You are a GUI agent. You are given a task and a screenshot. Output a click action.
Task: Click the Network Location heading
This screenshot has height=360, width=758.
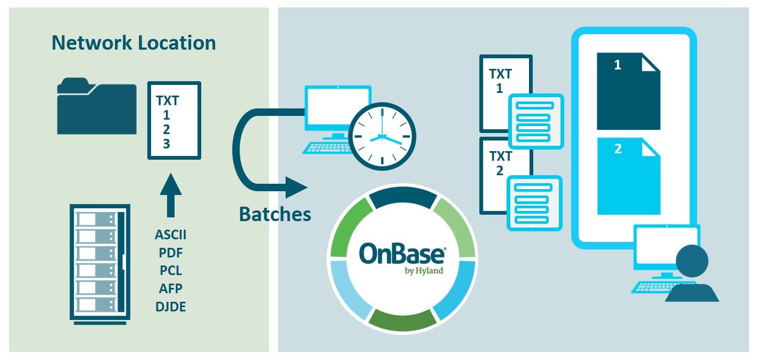tap(133, 43)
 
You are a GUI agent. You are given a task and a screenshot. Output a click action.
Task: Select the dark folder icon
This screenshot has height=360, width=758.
tap(97, 106)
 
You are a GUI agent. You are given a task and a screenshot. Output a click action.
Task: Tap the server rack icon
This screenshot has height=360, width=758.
tap(100, 264)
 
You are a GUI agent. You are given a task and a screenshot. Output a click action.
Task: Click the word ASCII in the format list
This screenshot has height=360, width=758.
tap(171, 234)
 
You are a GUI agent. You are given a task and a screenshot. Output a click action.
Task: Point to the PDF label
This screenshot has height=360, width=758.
tap(171, 253)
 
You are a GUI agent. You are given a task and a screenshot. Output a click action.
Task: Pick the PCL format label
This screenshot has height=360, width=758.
tap(171, 271)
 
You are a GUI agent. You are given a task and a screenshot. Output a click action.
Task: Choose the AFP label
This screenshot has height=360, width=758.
tap(171, 288)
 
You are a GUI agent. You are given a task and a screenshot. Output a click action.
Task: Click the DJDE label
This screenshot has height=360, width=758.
tap(171, 307)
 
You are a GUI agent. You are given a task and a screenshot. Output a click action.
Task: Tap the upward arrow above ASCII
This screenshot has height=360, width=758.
tap(171, 195)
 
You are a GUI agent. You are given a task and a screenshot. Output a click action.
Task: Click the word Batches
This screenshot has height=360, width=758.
tap(275, 214)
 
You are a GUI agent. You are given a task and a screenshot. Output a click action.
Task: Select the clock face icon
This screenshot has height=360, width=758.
tap(382, 137)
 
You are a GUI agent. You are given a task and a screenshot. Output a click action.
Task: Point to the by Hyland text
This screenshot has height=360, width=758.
tap(424, 271)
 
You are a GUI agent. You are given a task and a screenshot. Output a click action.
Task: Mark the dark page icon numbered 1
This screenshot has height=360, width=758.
tap(628, 91)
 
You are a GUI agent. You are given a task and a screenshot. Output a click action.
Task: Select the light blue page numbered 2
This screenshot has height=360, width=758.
tap(629, 176)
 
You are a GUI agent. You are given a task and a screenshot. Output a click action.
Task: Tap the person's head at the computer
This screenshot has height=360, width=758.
tap(692, 261)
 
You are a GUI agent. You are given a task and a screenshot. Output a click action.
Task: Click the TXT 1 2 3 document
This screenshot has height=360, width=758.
tap(174, 120)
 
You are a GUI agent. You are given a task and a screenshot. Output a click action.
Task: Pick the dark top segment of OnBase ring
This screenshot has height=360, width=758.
tap(402, 197)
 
